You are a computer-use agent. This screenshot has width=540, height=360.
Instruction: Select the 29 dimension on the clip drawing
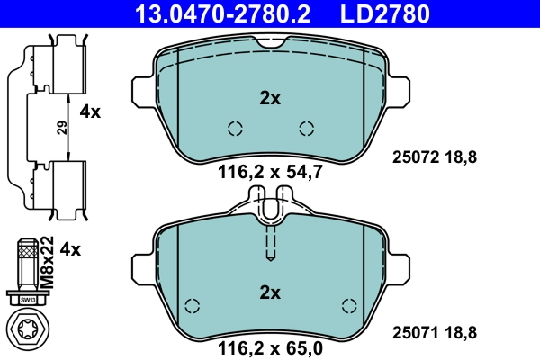tap(61, 128)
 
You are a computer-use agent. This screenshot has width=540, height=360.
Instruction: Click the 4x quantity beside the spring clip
tap(91, 112)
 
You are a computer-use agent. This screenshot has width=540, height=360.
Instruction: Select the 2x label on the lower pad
tap(270, 292)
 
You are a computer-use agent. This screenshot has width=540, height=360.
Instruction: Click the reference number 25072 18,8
tap(435, 157)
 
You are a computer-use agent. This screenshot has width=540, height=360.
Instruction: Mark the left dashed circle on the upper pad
tap(235, 128)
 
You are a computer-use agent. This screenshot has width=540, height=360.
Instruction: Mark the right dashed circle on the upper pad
tap(306, 128)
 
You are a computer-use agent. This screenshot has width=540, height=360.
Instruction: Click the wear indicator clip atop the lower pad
tap(270, 210)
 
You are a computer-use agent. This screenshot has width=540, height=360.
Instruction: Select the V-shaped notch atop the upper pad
tap(270, 43)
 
